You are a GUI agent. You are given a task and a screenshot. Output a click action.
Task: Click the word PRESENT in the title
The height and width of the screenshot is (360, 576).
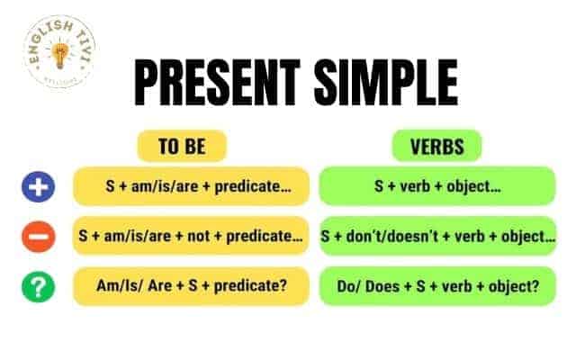pos(217,83)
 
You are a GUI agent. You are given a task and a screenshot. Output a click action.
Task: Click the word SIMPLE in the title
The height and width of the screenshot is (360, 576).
pos(386,83)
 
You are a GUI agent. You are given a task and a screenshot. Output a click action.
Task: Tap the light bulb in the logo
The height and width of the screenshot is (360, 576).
pos(60,55)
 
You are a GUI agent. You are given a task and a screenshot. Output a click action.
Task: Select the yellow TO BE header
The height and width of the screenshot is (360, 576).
pos(182,146)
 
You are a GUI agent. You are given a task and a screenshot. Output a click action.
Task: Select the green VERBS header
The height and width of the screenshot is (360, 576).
pos(436,146)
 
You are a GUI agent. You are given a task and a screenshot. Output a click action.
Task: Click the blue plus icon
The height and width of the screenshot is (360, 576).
pos(38,186)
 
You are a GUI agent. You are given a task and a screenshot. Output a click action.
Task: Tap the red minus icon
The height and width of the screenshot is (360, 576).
pos(38,237)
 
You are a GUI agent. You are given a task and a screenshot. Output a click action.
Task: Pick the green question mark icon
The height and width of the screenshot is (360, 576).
pos(38,287)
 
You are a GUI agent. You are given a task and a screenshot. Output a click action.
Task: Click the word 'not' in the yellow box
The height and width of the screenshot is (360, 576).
pos(198,236)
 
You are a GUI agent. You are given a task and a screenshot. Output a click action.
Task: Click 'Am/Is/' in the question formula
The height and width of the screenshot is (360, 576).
pos(119,286)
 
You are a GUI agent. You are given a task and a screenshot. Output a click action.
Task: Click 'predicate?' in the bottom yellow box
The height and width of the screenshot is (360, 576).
pos(250,286)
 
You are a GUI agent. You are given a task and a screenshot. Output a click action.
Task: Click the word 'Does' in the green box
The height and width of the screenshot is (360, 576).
pos(382,286)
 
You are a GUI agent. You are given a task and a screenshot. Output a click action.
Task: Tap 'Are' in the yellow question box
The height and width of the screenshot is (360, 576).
pos(160,286)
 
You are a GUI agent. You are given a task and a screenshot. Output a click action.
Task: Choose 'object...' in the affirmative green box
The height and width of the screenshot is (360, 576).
pos(473,186)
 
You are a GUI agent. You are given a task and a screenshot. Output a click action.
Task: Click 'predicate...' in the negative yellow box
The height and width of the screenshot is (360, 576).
pos(265,236)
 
